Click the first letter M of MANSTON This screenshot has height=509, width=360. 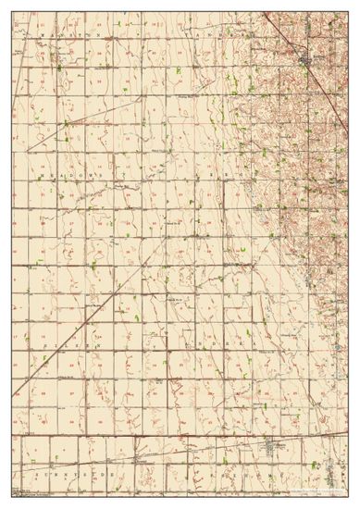(x=41, y=33)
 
